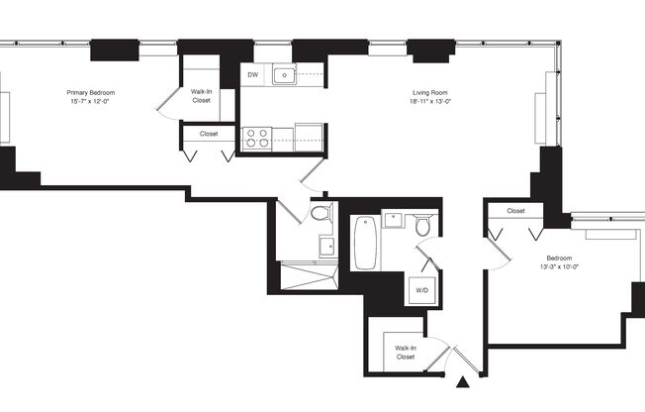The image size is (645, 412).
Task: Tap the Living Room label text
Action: click(429, 92)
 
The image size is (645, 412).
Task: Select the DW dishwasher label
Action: click(253, 74)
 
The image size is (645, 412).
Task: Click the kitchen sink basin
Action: click(285, 74)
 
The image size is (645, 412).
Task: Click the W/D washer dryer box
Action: click(422, 290)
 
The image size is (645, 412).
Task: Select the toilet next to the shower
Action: click(321, 213)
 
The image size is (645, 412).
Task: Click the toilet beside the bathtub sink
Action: click(422, 226)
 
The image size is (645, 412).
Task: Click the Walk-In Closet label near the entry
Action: click(406, 352)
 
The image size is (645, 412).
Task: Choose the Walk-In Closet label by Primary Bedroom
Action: click(202, 96)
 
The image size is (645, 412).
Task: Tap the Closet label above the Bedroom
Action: click(515, 211)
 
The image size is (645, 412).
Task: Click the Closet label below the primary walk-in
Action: click(209, 133)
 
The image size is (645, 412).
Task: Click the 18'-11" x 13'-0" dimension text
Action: click(429, 101)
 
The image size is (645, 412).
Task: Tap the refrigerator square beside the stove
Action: click(308, 136)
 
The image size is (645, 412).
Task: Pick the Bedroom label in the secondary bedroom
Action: click(559, 257)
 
